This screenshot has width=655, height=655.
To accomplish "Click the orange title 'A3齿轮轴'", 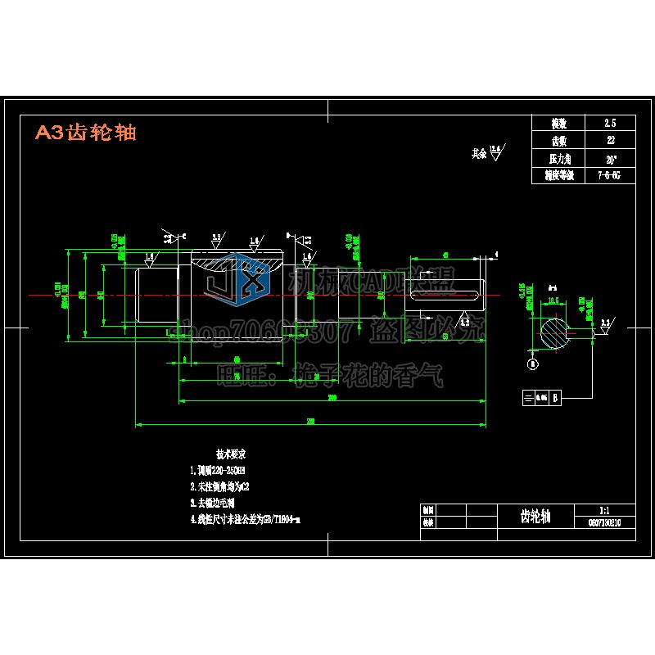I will click(86, 133).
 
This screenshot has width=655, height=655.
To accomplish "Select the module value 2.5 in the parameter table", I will click(609, 123).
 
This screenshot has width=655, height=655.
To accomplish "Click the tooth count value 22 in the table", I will click(609, 140).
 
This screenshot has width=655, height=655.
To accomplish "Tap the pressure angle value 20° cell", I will click(609, 157).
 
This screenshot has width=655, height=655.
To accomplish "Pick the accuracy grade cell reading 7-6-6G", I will click(609, 174).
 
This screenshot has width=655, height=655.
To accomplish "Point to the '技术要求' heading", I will click(231, 453).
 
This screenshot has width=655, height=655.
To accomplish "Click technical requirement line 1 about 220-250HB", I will click(218, 470).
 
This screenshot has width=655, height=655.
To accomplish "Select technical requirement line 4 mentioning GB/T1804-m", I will click(246, 519).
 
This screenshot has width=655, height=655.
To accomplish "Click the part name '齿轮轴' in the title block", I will click(535, 516).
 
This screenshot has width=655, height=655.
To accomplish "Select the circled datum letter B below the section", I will click(533, 363).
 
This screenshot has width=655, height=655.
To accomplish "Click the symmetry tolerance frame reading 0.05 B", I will click(542, 398).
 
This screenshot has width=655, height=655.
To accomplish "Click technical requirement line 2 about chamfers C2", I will click(217, 486).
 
